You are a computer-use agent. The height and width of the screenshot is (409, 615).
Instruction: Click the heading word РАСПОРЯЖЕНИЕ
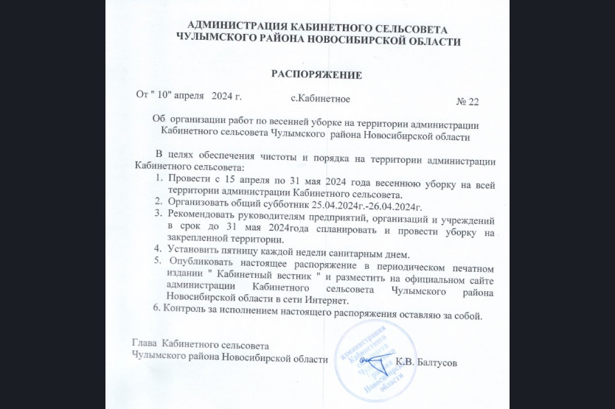316,74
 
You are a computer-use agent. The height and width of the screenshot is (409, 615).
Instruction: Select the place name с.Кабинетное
320,98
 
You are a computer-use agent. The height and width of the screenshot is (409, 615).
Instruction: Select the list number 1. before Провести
159,178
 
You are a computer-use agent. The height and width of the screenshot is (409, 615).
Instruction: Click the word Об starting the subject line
159,120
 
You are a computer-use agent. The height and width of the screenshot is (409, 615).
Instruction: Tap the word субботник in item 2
279,203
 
